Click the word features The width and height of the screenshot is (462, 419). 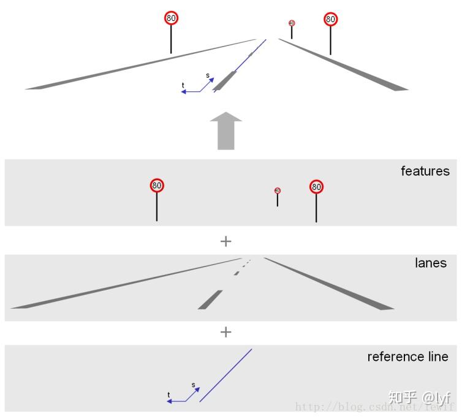tap(425, 171)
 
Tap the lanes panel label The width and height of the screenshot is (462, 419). tap(430, 263)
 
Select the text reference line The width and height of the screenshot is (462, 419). tap(407, 357)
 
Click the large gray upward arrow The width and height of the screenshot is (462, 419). tap(226, 130)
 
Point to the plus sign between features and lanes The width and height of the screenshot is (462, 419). tap(225, 241)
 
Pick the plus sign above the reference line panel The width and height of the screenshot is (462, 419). tap(225, 332)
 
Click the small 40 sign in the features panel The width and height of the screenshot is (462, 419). tap(278, 191)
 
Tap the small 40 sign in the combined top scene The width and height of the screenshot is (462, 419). tap(292, 23)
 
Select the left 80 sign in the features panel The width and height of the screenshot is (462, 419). tap(157, 185)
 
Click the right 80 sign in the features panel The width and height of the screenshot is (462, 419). tap(316, 186)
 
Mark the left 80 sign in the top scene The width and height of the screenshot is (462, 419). tap(171, 18)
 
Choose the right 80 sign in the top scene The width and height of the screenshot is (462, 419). tap(331, 19)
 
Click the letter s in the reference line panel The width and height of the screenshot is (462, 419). tap(193, 385)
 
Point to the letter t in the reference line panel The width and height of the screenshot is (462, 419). tap(169, 395)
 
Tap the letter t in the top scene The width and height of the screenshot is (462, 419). tap(183, 85)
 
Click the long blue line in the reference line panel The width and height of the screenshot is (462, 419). tap(225, 376)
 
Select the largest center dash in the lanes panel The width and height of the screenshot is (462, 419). tap(210, 300)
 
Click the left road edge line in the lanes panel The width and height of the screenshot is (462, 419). tap(123, 284)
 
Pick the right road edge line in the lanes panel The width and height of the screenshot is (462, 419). tap(328, 284)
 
